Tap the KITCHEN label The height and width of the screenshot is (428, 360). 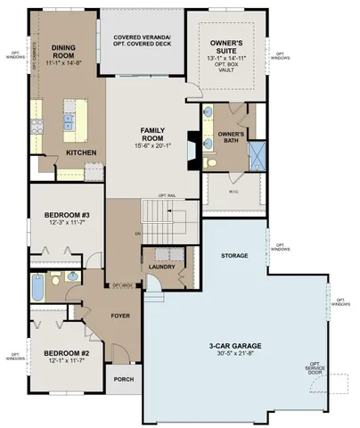tap(81, 152)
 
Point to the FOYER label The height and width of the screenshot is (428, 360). tap(119, 316)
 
